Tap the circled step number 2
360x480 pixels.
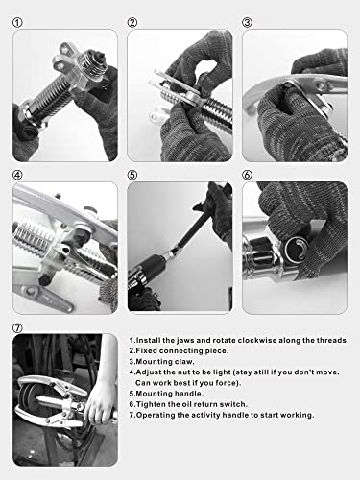coord(132,22)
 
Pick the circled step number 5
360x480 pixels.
coord(132,176)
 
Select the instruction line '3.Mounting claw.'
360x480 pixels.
coord(165,366)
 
